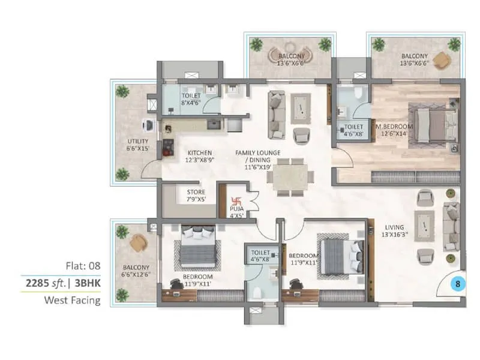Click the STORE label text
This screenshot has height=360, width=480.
[196, 192]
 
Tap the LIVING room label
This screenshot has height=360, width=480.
[395, 227]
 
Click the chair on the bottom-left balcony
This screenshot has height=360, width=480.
[139, 242]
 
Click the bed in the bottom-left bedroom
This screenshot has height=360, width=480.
[197, 246]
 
